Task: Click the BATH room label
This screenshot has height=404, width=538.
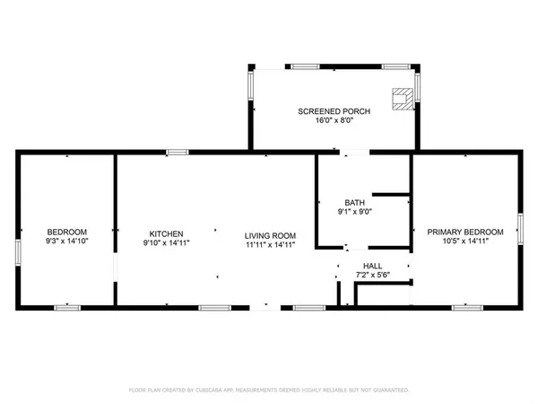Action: click(x=354, y=202)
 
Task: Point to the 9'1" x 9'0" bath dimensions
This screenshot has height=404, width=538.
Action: click(x=354, y=212)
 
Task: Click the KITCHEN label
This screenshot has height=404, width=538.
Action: click(x=166, y=233)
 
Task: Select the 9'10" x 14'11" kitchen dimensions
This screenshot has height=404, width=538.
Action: click(x=166, y=242)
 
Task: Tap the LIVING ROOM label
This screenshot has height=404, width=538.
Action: click(x=270, y=236)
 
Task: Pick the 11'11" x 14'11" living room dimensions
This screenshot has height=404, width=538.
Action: click(x=270, y=246)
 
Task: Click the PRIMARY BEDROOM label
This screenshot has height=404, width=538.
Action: click(x=464, y=233)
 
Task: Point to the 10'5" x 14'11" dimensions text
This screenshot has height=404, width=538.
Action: click(x=464, y=242)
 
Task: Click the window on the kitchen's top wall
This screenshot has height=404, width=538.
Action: click(x=178, y=152)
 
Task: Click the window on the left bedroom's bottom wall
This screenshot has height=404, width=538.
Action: click(x=67, y=307)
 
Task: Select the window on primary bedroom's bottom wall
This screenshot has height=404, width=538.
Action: click(x=465, y=307)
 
